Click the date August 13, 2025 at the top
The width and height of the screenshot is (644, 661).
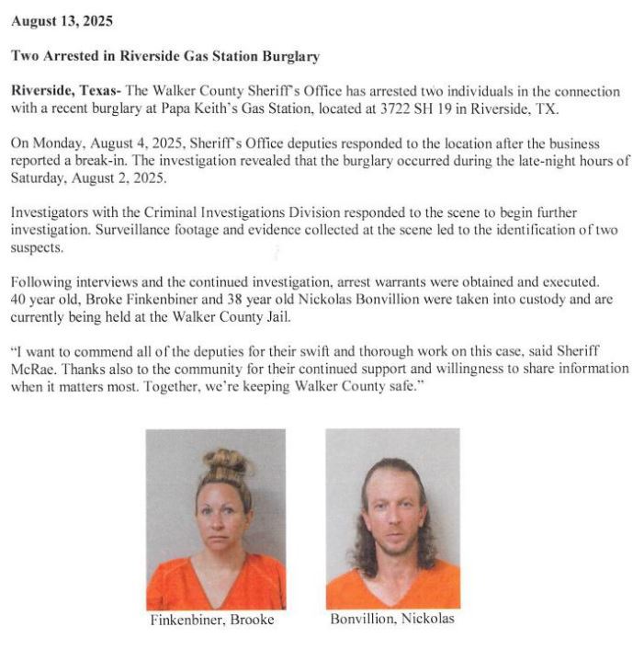(63, 20)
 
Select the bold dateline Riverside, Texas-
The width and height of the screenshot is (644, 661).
(65, 92)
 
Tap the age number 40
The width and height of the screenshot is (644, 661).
(20, 301)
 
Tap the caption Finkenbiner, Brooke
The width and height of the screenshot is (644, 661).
(212, 620)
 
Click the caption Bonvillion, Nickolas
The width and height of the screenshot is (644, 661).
(392, 619)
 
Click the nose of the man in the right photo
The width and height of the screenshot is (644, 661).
(393, 517)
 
